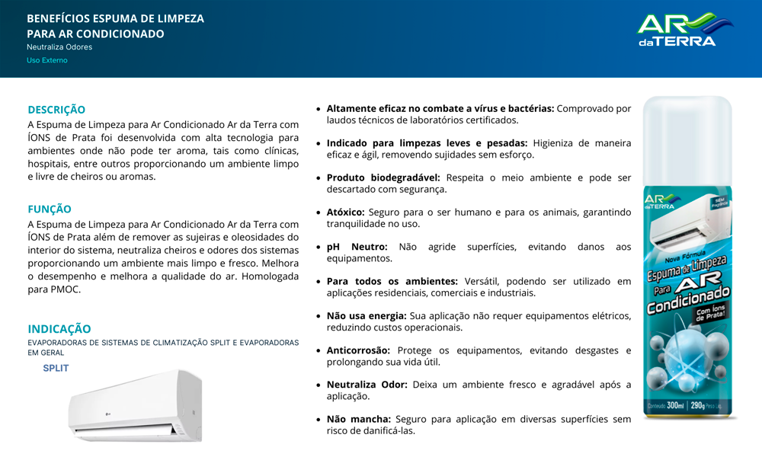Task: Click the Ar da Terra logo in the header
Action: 686,30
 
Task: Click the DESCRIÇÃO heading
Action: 56,110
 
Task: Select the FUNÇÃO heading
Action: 50,209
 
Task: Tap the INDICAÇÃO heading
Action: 59,329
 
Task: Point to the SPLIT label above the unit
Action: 56,369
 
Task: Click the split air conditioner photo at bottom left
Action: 135,405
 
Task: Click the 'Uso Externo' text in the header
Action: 47,60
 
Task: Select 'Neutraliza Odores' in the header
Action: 59,47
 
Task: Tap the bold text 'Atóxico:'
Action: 346,213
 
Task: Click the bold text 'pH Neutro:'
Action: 357,247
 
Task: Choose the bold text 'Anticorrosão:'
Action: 358,350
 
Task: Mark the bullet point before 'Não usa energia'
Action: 319,316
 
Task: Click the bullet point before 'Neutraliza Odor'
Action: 319,385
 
